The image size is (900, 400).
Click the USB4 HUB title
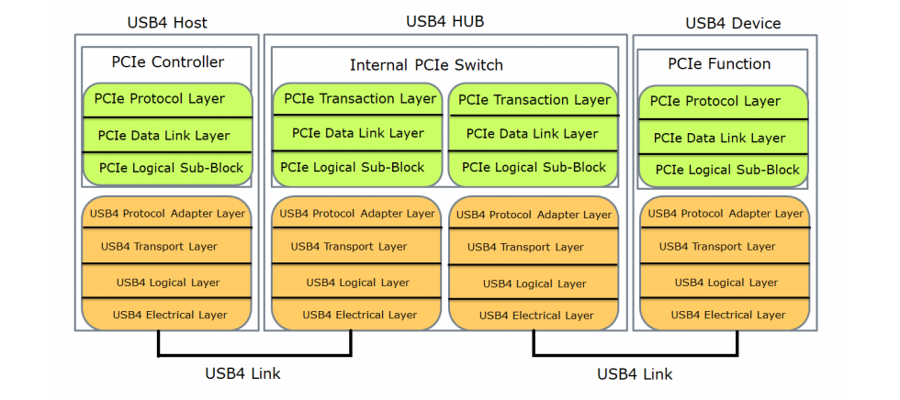pos(444,21)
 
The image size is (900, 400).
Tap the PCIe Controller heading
pos(167,62)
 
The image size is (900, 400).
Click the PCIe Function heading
pos(719,64)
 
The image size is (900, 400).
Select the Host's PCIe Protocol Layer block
pos(160,99)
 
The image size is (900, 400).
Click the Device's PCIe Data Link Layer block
pos(720,138)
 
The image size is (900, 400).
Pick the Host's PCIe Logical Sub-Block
pos(172,168)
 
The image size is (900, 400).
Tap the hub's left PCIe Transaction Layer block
pos(360,99)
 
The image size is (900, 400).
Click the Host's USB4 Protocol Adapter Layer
pos(168,214)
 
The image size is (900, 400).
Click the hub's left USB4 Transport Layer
pos(349,246)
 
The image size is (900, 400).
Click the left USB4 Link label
pos(242,373)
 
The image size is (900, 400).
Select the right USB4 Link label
pos(635,374)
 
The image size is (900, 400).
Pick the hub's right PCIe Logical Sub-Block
pos(534,168)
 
